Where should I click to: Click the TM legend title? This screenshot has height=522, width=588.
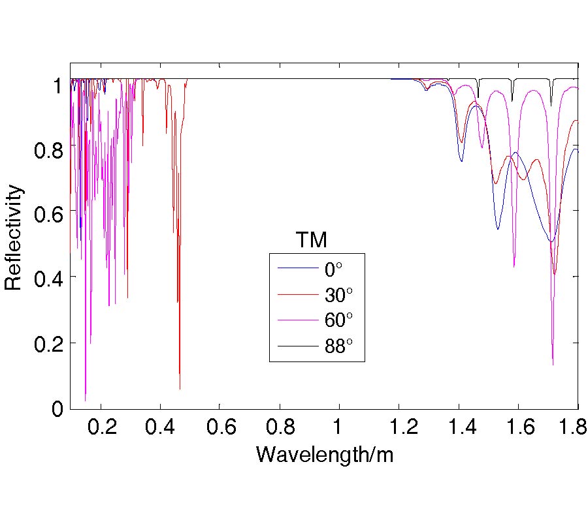(311, 240)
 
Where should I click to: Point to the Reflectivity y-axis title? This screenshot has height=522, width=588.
(14, 238)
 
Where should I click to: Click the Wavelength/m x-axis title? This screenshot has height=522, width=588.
(325, 454)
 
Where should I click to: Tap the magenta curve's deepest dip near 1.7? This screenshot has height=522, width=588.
(553, 364)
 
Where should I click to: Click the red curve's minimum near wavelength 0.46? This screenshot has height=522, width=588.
(180, 389)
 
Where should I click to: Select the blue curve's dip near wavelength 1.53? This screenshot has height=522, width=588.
(498, 229)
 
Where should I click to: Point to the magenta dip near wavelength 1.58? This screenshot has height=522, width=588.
(514, 266)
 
